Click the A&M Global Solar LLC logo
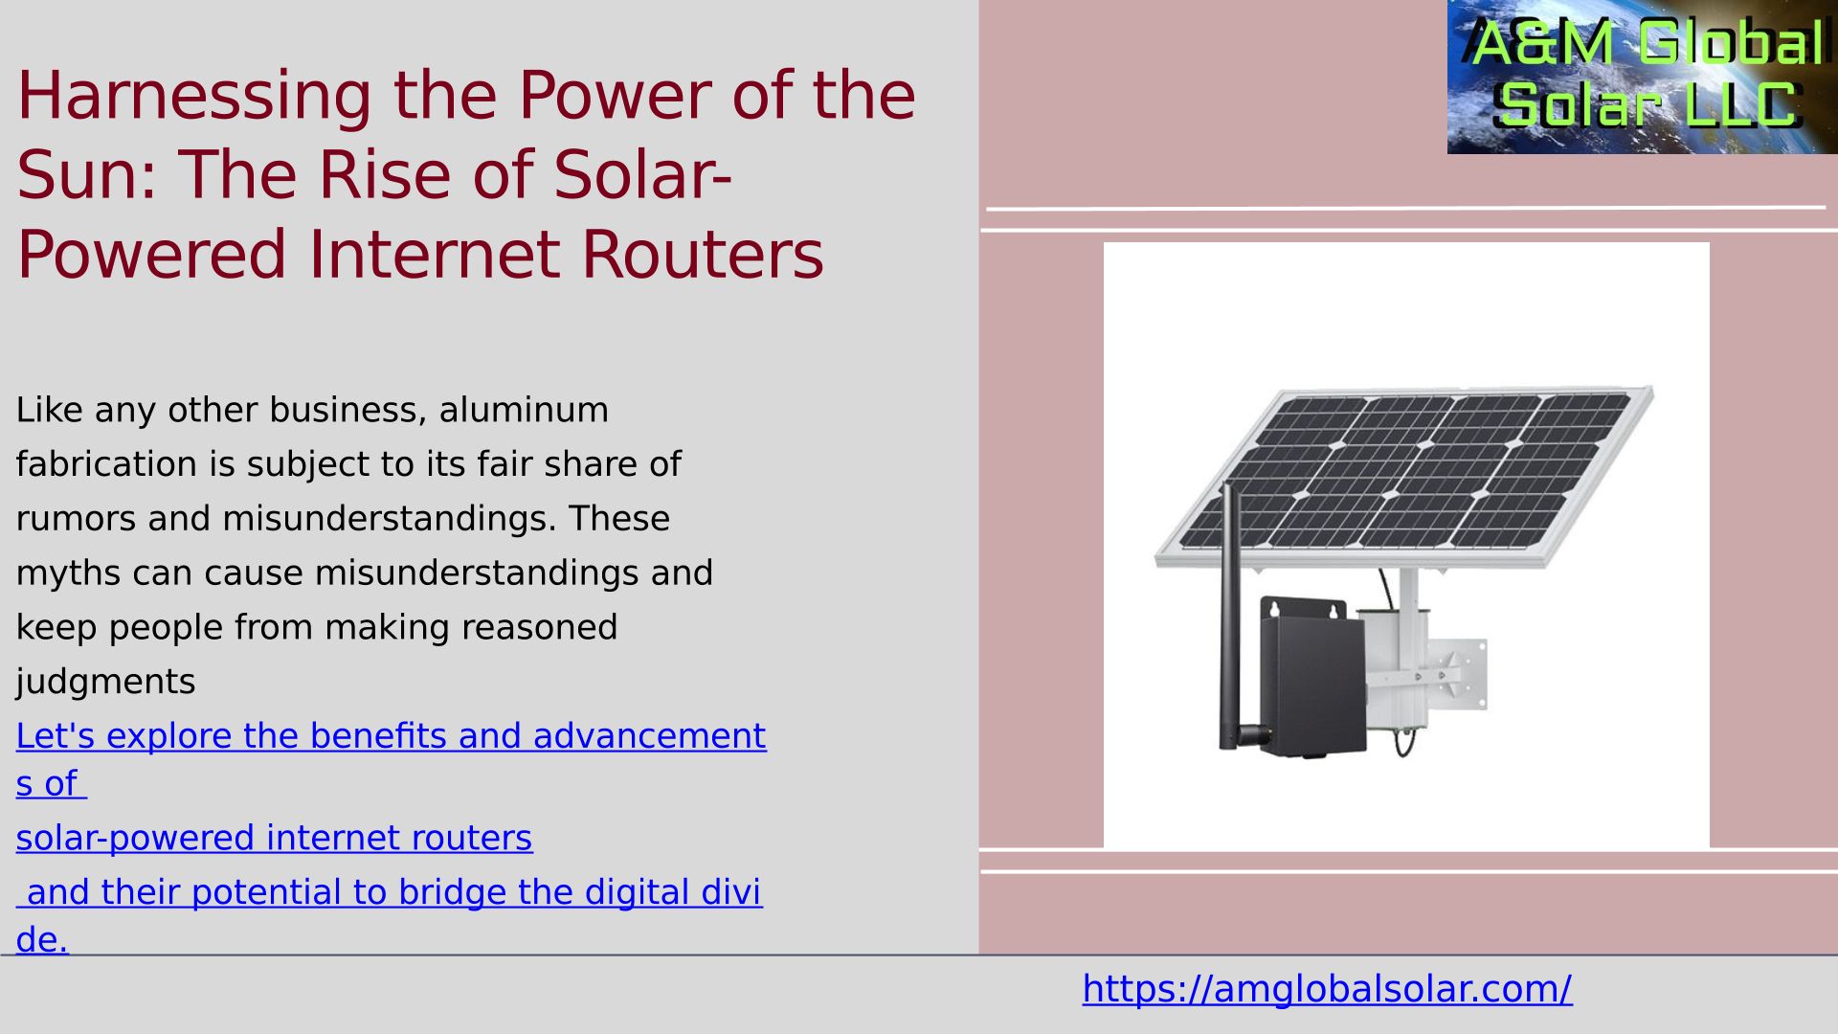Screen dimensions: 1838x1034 click(1643, 77)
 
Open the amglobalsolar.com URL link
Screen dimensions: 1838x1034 click(1327, 989)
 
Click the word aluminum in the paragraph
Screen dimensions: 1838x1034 click(524, 410)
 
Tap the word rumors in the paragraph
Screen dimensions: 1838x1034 click(77, 519)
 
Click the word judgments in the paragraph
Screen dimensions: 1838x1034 click(105, 683)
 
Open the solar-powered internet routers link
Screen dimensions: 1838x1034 click(274, 838)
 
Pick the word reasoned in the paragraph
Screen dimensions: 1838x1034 click(539, 628)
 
